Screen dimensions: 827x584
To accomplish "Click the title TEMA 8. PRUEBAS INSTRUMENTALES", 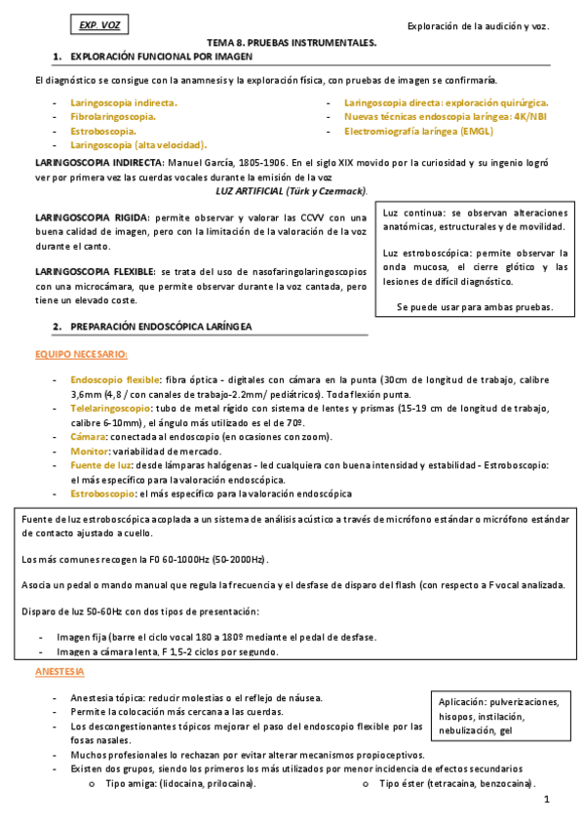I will pyautogui.click(x=292, y=45).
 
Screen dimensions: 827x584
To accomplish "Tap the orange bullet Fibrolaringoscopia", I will pyautogui.click(x=113, y=115).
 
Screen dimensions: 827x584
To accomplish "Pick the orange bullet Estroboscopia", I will pyautogui.click(x=102, y=130).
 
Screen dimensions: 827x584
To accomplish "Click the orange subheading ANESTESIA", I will pyautogui.click(x=59, y=672).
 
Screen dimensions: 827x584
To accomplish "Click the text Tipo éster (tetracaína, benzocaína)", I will pyautogui.click(x=456, y=783).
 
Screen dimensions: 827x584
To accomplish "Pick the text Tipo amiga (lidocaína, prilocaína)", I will pyautogui.click(x=180, y=783).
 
